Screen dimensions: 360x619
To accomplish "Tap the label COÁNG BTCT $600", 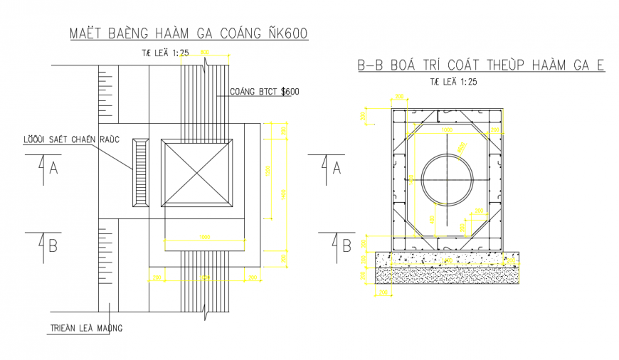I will pyautogui.click(x=265, y=92).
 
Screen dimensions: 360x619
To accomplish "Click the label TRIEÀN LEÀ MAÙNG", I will pyautogui.click(x=86, y=328).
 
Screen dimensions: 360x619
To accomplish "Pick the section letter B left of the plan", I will pyautogui.click(x=53, y=245).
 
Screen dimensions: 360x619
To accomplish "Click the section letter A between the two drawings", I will pyautogui.click(x=337, y=168).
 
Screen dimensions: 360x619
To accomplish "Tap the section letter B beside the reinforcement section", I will pyautogui.click(x=346, y=246).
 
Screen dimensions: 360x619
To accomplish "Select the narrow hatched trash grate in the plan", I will pyautogui.click(x=139, y=173).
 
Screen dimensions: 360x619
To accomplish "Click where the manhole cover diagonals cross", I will pyautogui.click(x=198, y=173).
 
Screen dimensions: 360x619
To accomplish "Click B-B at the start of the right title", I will pyautogui.click(x=371, y=66).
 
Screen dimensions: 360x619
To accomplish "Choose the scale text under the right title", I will pyautogui.click(x=454, y=82).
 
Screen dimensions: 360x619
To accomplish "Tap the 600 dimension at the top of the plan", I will pyautogui.click(x=204, y=53).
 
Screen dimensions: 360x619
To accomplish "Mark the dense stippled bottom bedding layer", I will pyautogui.click(x=446, y=275).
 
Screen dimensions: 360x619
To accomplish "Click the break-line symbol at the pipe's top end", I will pyautogui.click(x=205, y=65).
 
